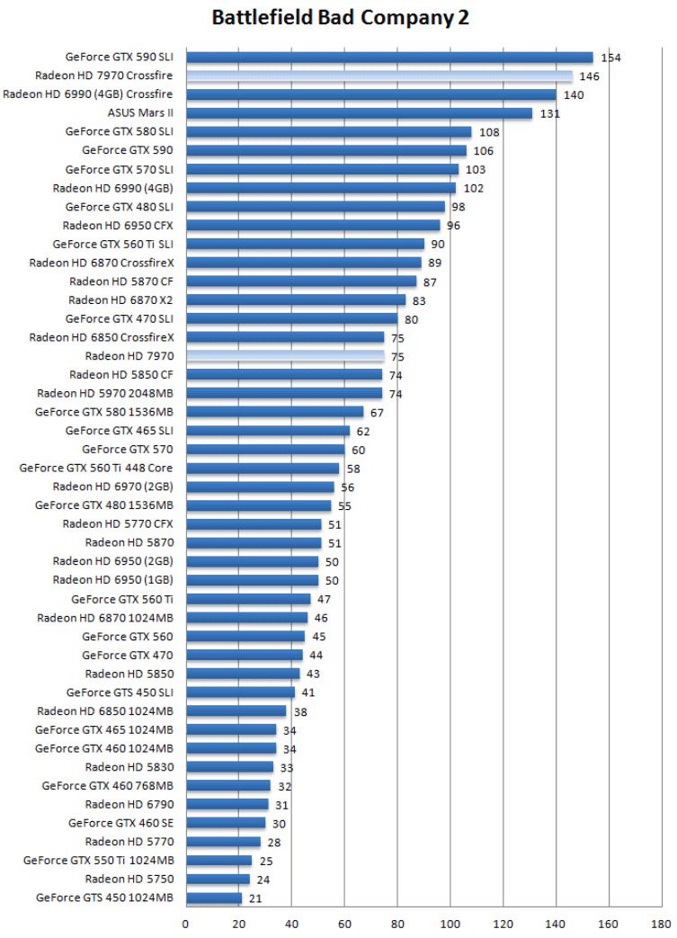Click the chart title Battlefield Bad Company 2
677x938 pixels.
tap(341, 18)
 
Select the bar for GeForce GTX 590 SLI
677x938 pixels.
tap(389, 58)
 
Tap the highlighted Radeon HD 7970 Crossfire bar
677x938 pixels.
tap(379, 76)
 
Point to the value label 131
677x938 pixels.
tap(550, 114)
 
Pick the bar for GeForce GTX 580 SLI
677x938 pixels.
tap(328, 132)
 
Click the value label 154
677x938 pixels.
tap(611, 58)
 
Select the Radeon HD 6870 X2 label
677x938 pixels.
tap(120, 300)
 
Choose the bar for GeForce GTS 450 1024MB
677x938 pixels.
tap(214, 898)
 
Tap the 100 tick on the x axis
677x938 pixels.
tap(450, 923)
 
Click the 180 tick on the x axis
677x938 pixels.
tap(663, 923)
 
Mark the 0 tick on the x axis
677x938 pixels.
tap(186, 923)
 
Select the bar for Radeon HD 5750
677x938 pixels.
tap(218, 879)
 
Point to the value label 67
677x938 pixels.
tap(377, 413)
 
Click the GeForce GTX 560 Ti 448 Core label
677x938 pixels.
tap(96, 468)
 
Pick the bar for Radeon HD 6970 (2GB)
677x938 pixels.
tap(260, 487)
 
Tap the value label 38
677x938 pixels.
tap(300, 711)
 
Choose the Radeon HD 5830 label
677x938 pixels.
tap(129, 767)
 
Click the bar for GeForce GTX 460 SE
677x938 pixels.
tap(226, 823)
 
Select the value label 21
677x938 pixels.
tap(254, 898)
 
